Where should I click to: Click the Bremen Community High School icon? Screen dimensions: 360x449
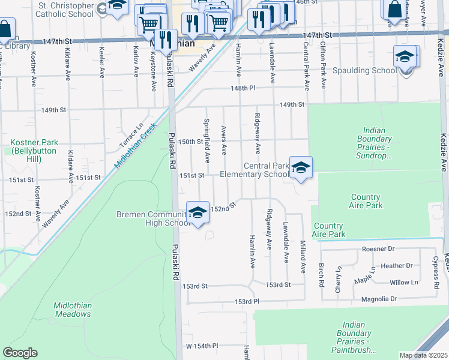197,212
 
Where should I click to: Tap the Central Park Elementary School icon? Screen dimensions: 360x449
301,168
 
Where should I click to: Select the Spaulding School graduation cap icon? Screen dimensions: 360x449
406,57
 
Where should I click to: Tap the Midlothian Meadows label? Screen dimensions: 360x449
73,310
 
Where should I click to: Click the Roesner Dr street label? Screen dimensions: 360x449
378,248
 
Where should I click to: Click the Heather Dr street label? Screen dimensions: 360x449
396,265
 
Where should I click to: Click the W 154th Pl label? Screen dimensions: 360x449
202,346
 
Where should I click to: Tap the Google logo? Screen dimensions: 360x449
20,352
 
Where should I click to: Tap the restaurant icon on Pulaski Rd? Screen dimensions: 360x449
166,40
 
